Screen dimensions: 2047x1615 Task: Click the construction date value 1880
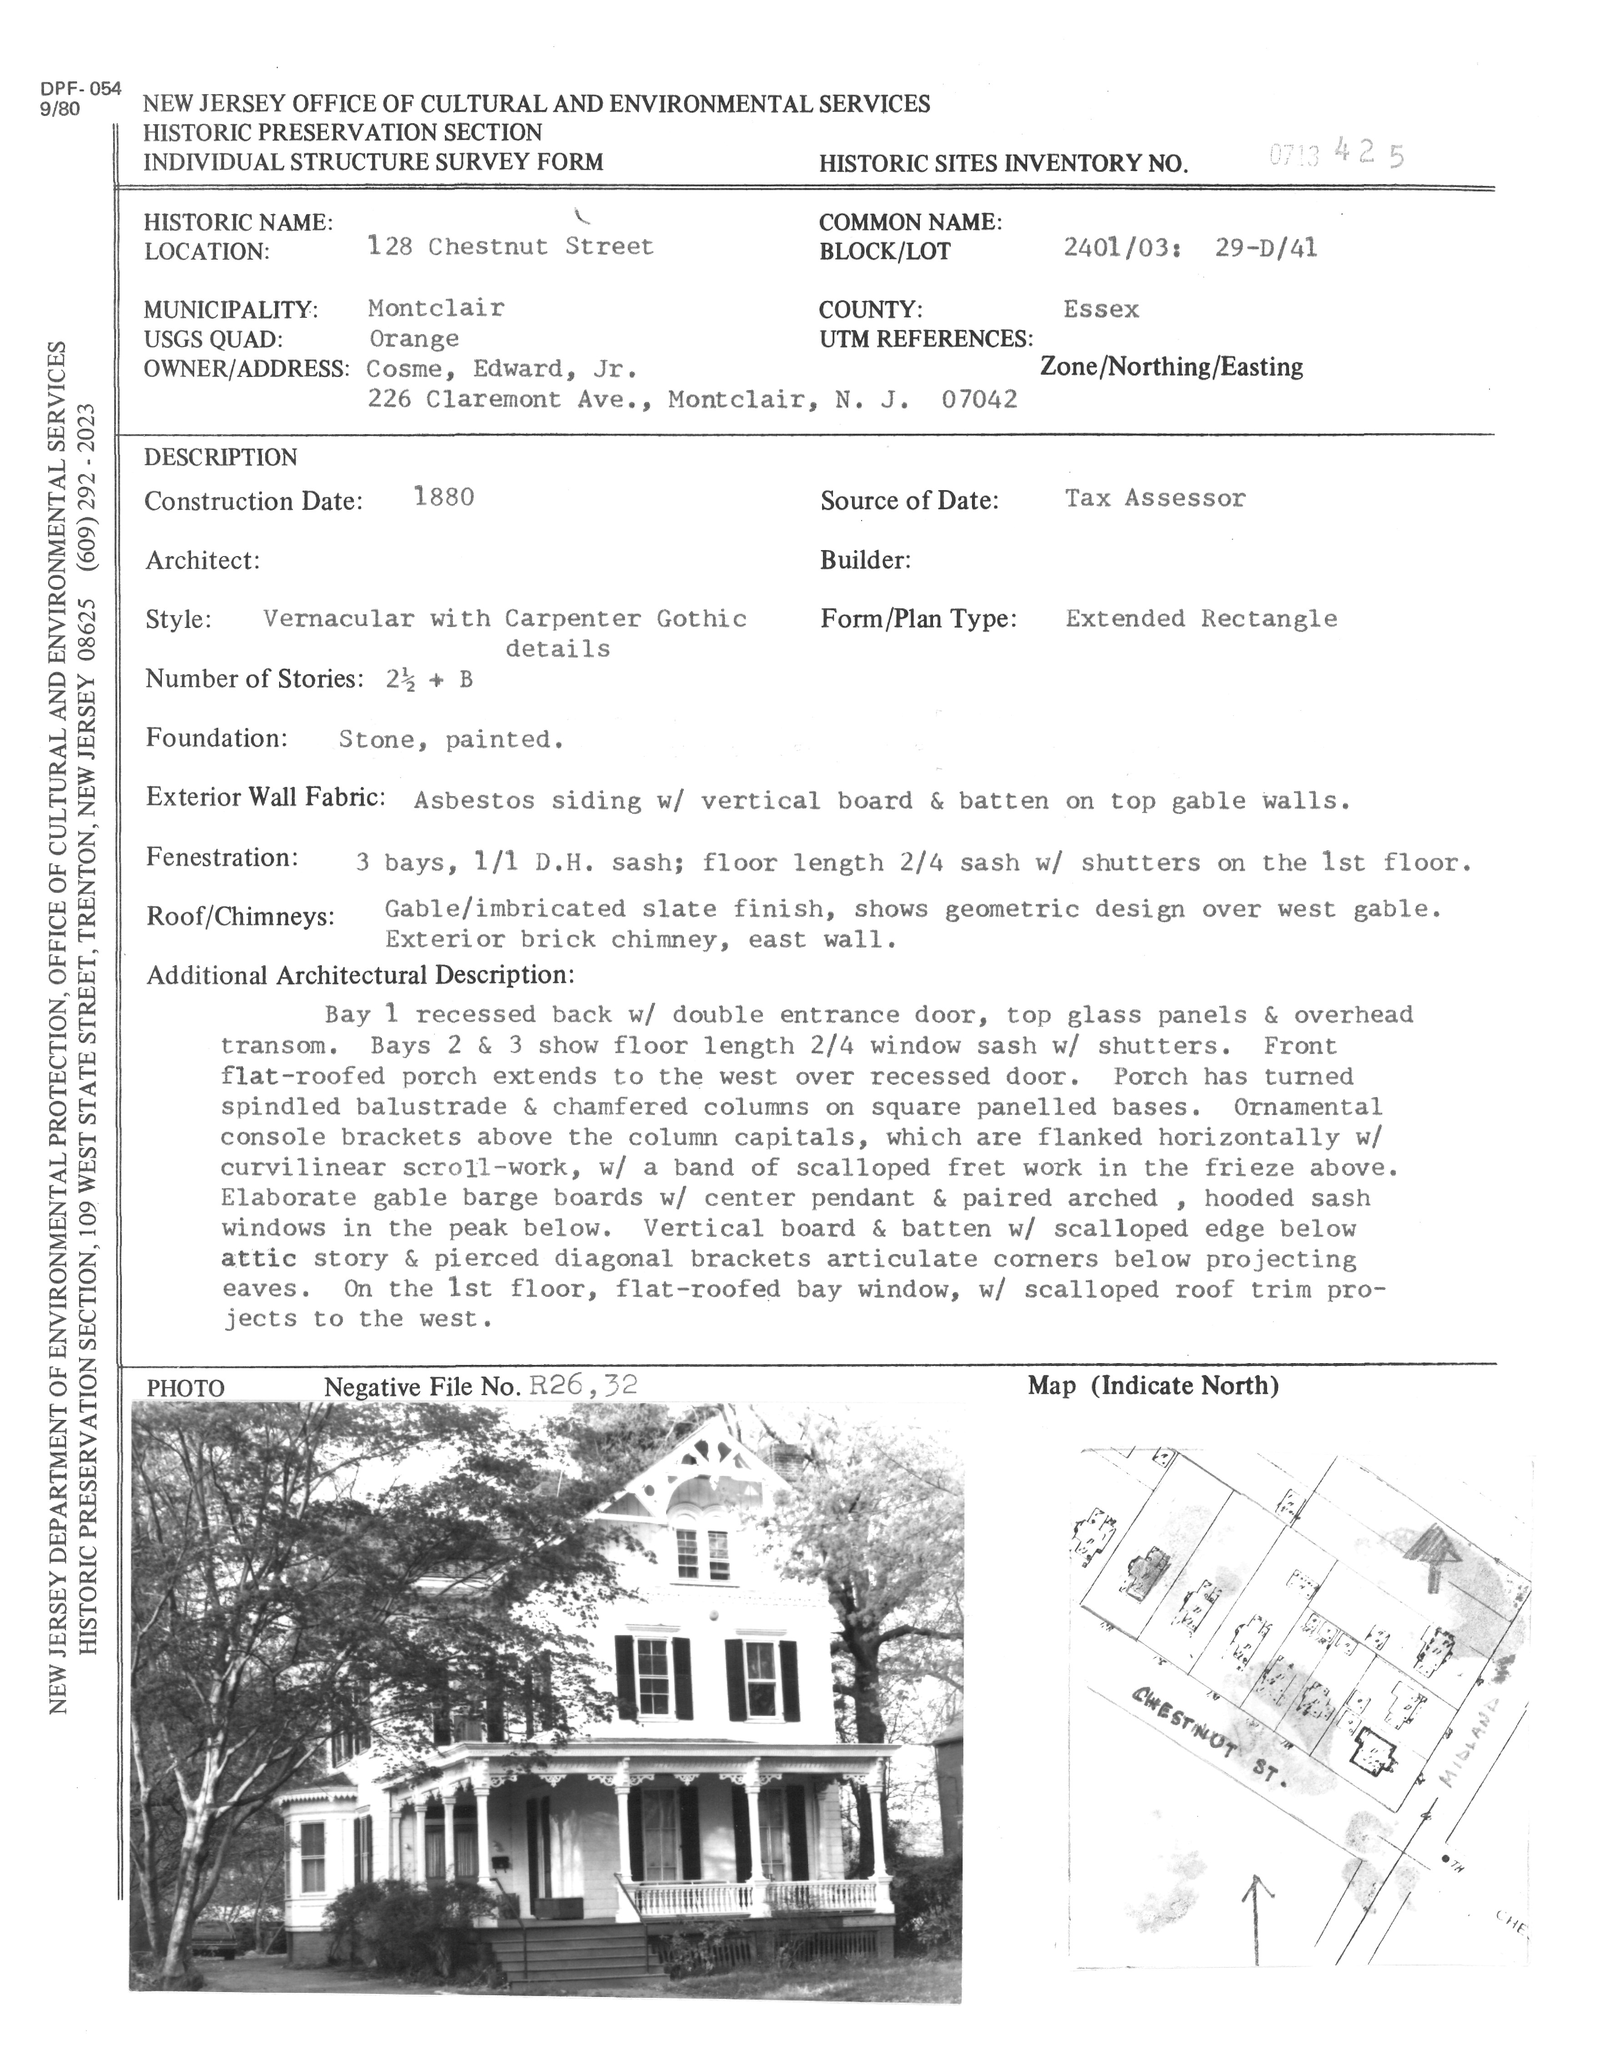tap(443, 497)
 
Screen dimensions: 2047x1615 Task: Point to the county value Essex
tap(1101, 309)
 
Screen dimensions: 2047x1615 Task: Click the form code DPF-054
tap(80, 89)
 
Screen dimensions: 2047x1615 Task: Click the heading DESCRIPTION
tap(221, 457)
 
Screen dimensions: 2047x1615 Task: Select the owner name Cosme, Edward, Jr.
tap(501, 369)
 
